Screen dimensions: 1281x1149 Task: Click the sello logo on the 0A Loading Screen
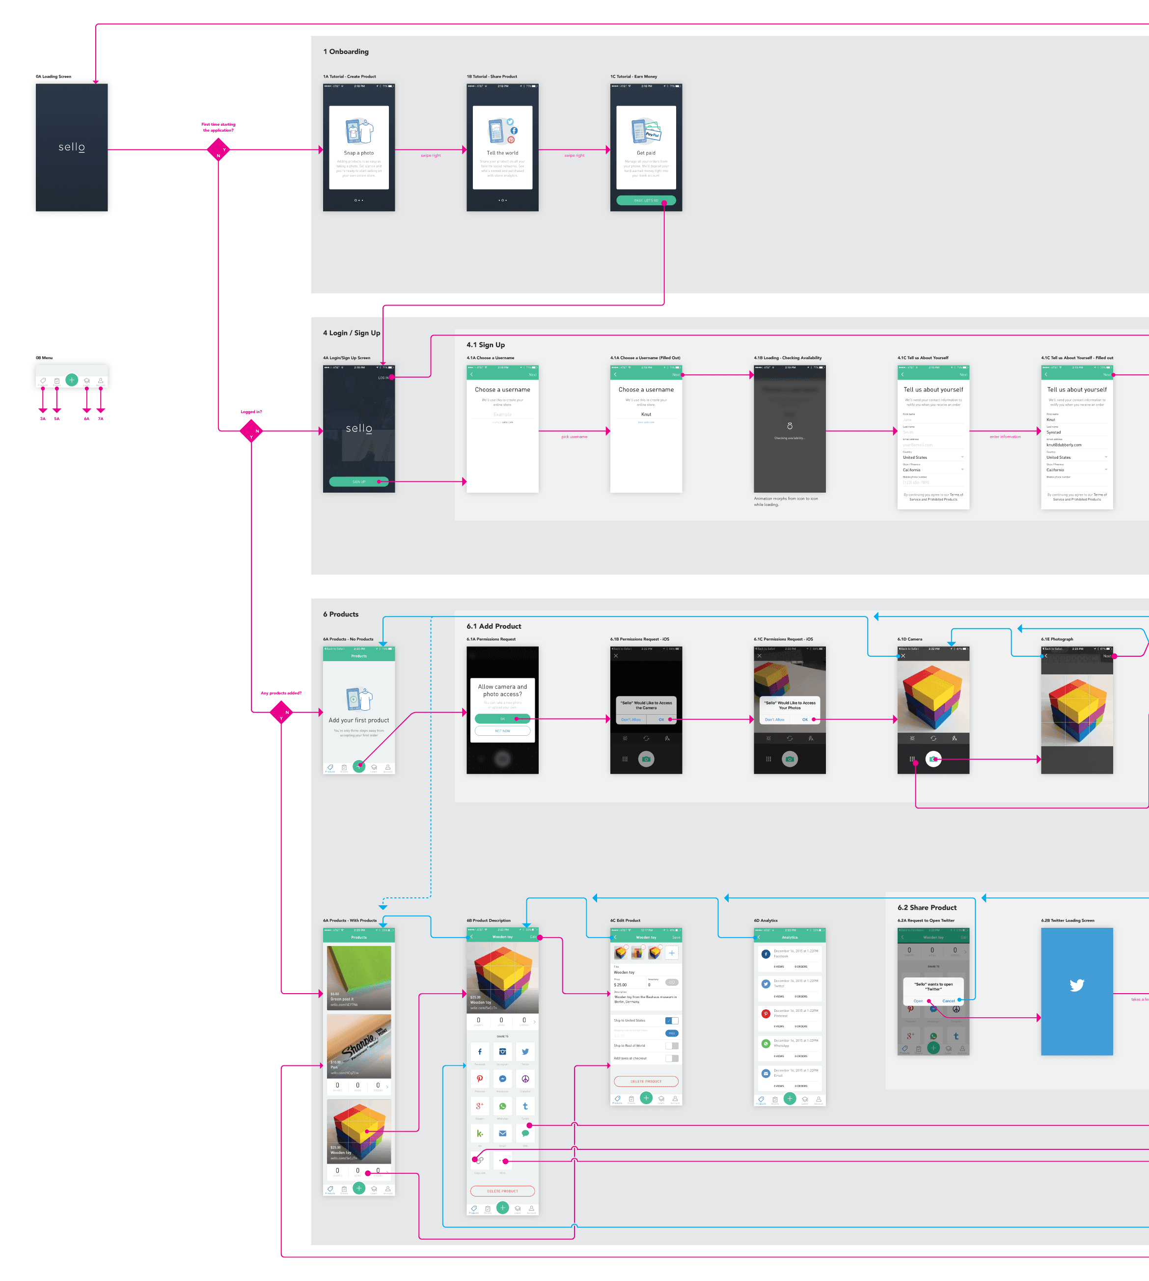(71, 147)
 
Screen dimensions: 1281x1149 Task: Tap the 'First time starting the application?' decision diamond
(219, 150)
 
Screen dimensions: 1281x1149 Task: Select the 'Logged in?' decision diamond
(251, 431)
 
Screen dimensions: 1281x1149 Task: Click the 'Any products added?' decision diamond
(281, 712)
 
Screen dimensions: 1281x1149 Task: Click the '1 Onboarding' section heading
(346, 52)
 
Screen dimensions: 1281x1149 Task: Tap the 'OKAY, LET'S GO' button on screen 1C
(646, 201)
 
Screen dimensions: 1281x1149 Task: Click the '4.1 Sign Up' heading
(486, 345)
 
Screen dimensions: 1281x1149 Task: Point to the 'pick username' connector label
(574, 437)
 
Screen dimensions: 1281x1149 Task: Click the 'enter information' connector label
(1005, 437)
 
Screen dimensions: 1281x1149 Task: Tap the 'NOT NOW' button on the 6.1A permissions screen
(502, 731)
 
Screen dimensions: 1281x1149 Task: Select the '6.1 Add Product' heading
(493, 626)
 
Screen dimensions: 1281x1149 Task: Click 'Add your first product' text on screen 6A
(358, 721)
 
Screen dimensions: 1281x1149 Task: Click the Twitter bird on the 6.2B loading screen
(1076, 985)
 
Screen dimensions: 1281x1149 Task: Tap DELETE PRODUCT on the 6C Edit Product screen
(646, 1082)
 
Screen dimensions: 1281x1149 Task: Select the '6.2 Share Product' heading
(927, 907)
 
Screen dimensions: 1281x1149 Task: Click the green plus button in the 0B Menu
(71, 380)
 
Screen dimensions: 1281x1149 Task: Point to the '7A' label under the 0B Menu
(100, 418)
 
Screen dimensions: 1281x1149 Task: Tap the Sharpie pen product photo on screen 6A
(358, 1045)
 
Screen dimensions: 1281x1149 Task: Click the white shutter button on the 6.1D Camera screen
(933, 759)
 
